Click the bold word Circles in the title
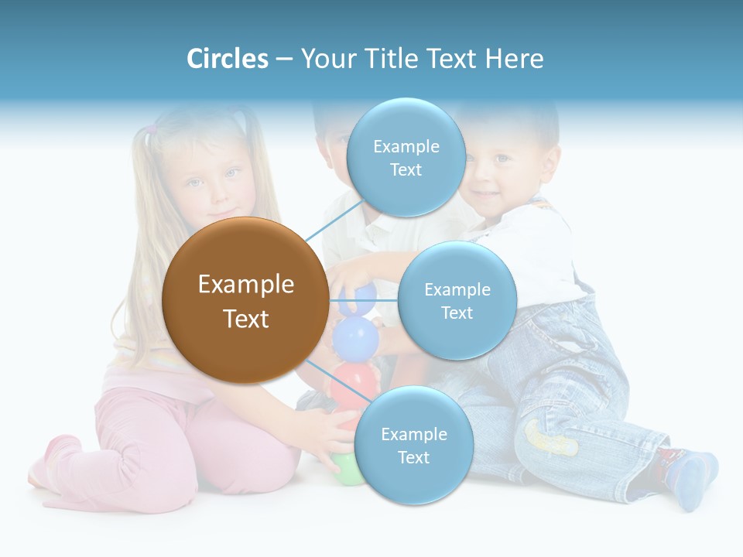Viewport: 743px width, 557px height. (227, 59)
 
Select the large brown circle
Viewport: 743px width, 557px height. (245, 300)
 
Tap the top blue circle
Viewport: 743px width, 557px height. (406, 158)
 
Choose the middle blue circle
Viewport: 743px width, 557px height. (457, 301)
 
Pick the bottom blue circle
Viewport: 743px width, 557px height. (413, 446)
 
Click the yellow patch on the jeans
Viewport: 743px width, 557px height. (550, 438)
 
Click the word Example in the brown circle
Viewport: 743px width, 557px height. (245, 285)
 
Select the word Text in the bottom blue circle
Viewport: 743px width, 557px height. (413, 457)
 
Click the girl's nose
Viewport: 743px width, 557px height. (211, 193)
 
